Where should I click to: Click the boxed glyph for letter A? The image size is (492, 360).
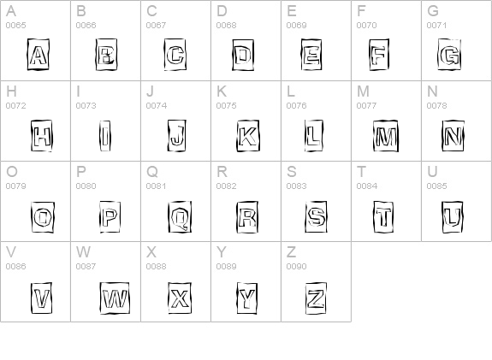[x=39, y=55]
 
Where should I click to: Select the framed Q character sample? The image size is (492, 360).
[x=180, y=217]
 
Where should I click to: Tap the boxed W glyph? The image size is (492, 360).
[x=115, y=298]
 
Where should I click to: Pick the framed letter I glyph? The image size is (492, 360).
[x=104, y=136]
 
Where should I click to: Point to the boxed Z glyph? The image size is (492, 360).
[x=316, y=298]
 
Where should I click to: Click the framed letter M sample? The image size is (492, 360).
[x=386, y=136]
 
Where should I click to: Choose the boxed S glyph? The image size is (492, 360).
[x=316, y=217]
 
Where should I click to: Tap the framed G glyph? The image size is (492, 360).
[x=449, y=55]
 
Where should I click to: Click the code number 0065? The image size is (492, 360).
[x=15, y=26]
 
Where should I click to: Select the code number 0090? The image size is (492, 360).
[x=296, y=267]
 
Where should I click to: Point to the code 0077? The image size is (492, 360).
[x=366, y=106]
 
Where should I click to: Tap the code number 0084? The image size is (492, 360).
[x=366, y=186]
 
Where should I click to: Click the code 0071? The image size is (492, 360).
[x=436, y=26]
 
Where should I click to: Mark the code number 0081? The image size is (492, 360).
[x=156, y=186]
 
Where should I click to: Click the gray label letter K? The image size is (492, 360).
[x=222, y=91]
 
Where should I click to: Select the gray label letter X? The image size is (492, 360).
[x=151, y=252]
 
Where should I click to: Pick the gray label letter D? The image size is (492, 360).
[x=222, y=11]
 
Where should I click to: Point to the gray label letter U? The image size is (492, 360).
[x=432, y=172]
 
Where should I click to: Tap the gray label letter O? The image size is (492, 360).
[x=12, y=172]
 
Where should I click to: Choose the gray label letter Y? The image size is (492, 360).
[x=222, y=252]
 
